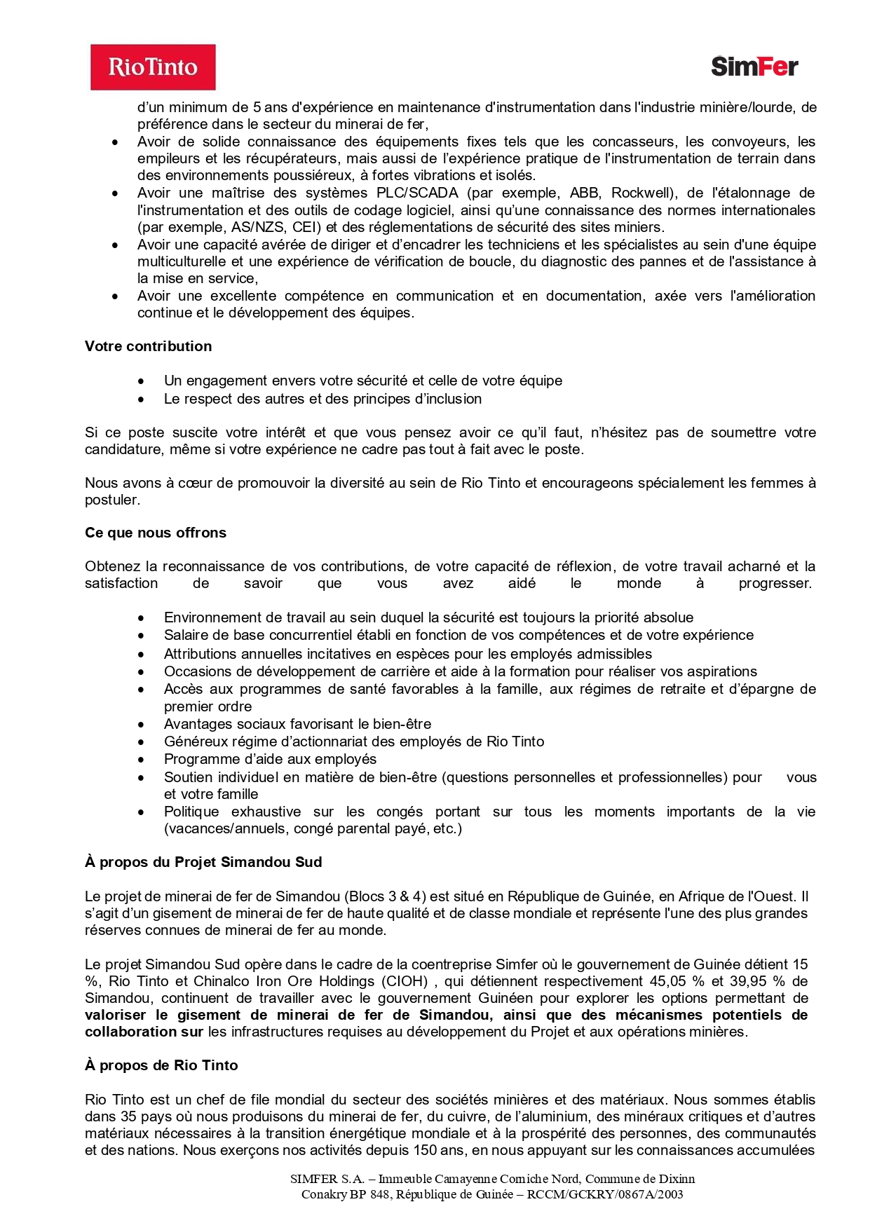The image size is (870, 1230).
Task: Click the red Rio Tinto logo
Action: pyautogui.click(x=153, y=67)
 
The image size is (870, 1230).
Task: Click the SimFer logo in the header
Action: pyautogui.click(x=754, y=67)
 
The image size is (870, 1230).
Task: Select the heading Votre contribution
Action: pyautogui.click(x=148, y=346)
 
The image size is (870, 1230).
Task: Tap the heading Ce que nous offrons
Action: pyautogui.click(x=156, y=533)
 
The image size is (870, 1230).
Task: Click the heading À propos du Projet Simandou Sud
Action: pyautogui.click(x=203, y=862)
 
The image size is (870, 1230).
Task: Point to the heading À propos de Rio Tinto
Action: pyautogui.click(x=161, y=1065)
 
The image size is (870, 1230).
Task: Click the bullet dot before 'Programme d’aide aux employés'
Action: pyautogui.click(x=142, y=759)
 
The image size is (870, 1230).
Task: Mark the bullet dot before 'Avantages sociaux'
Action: pyautogui.click(x=142, y=724)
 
